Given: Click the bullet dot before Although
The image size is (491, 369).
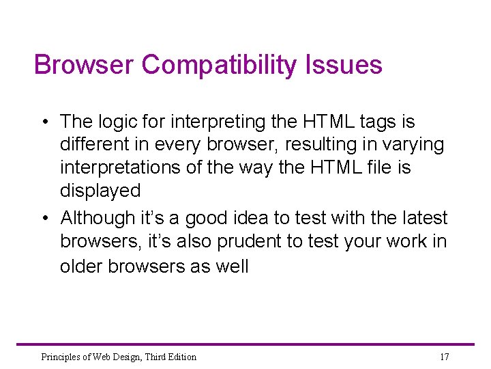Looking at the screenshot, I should coord(44,219).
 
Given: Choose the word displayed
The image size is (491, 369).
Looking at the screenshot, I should coord(100,191).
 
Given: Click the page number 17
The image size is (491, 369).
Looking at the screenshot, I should coord(444,357).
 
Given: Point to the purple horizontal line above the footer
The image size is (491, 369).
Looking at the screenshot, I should coord(245,344).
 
